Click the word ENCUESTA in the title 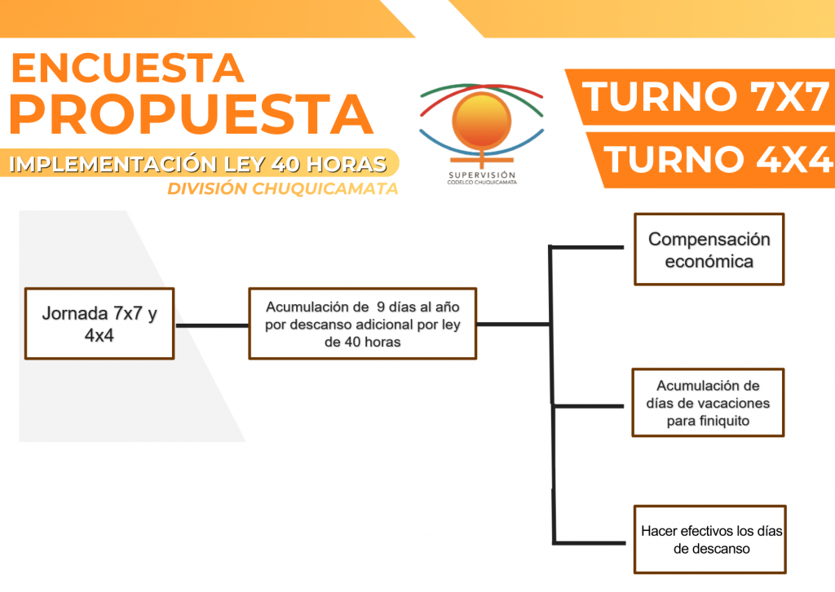(127, 68)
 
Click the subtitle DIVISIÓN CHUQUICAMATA (282, 189)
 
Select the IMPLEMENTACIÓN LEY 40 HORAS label (198, 164)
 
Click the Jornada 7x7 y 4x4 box (99, 323)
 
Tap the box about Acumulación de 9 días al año (362, 323)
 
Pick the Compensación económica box (709, 250)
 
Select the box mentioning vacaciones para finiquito (708, 403)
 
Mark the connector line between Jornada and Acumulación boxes (211, 325)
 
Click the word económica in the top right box (709, 262)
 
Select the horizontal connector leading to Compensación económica (587, 245)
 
